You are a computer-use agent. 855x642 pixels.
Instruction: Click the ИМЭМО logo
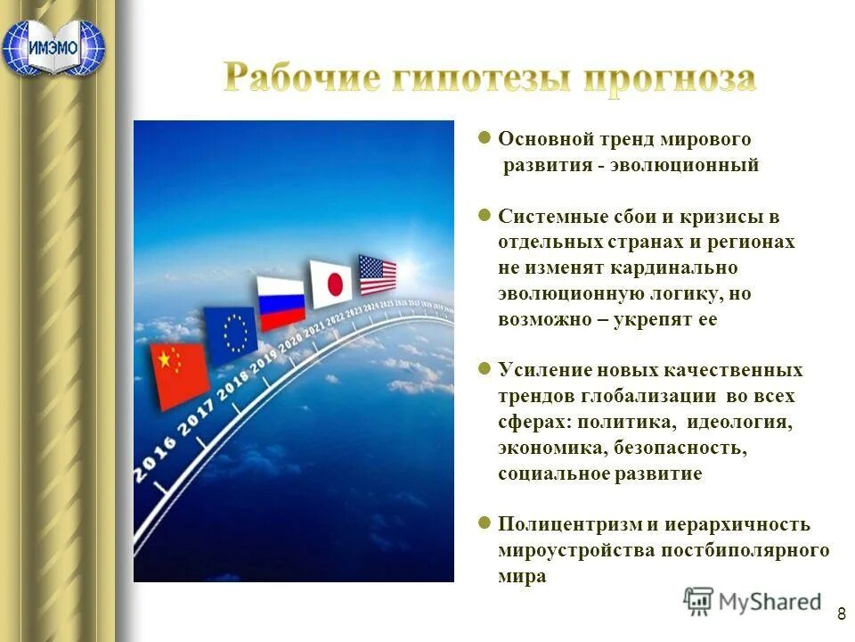click(53, 46)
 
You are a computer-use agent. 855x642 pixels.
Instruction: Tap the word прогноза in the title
click(669, 78)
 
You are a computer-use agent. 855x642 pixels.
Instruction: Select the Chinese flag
click(177, 374)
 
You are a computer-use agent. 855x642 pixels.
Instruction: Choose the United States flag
click(377, 275)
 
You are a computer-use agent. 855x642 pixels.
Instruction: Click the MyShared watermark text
click(769, 602)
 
